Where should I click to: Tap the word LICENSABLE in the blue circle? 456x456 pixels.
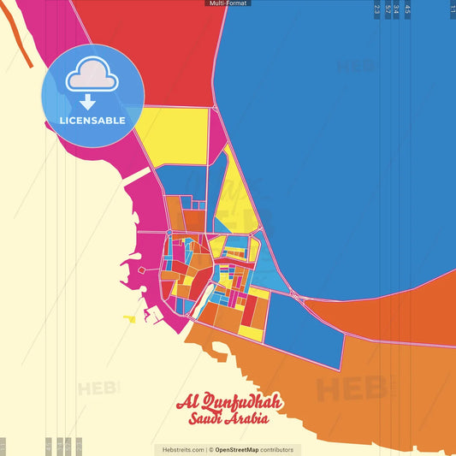point(92,121)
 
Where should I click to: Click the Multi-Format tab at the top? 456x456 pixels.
point(228,3)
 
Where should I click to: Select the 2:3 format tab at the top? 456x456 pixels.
point(376,10)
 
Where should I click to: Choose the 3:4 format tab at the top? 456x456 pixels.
point(396,10)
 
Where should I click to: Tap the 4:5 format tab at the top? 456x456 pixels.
point(407,10)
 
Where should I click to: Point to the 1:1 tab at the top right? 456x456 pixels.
point(452,9)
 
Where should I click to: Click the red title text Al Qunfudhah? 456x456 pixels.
point(228,403)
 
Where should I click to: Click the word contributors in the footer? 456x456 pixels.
point(277,449)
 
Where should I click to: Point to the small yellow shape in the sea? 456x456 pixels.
point(129,319)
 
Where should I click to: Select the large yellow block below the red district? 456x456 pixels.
point(175,135)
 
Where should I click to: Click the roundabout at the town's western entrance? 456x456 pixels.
point(169,233)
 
